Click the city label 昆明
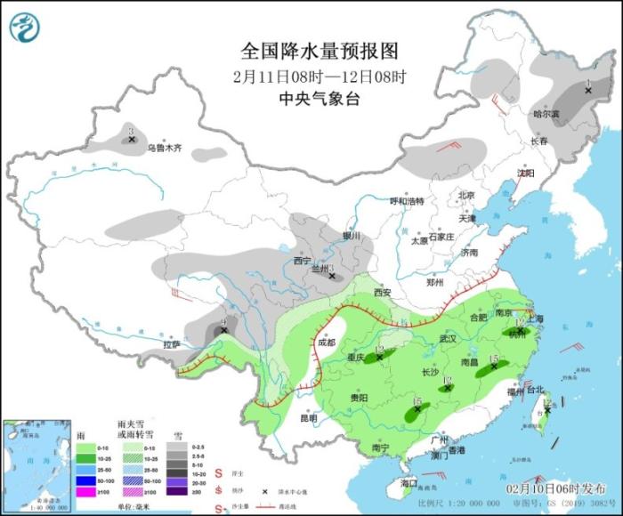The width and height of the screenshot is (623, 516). coord(308,417)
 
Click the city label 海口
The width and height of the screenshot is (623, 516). coord(409,482)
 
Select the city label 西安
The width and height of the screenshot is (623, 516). coord(383,292)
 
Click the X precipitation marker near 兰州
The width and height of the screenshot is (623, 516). coord(332,276)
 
